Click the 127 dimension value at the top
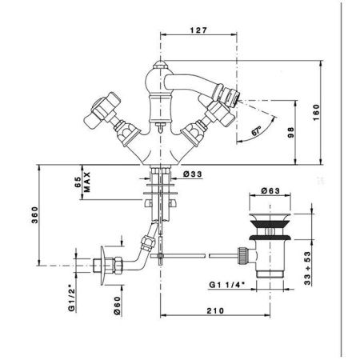pos(198,30)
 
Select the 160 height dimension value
pos(316,113)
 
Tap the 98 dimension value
pos(290,132)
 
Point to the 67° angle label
pos(257,131)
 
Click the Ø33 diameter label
pos(193,174)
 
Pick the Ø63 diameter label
pos(270,190)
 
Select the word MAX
pos(87,182)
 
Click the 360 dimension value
pos(35,215)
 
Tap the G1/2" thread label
pos(71,298)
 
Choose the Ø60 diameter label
pos(117,306)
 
